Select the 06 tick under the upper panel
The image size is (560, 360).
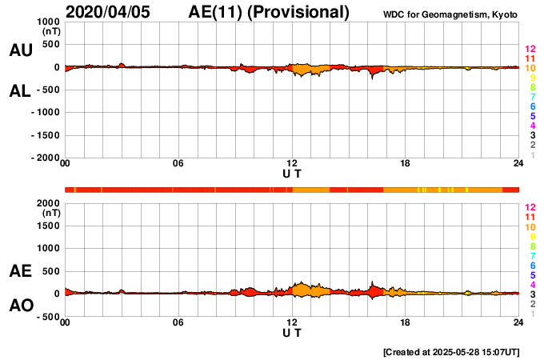[178, 165]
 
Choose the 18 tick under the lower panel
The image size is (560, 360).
[406, 323]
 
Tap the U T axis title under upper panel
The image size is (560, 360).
[292, 174]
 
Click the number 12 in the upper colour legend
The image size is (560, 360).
[530, 48]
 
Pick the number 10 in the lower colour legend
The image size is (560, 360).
[530, 227]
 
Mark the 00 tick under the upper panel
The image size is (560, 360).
[65, 165]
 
